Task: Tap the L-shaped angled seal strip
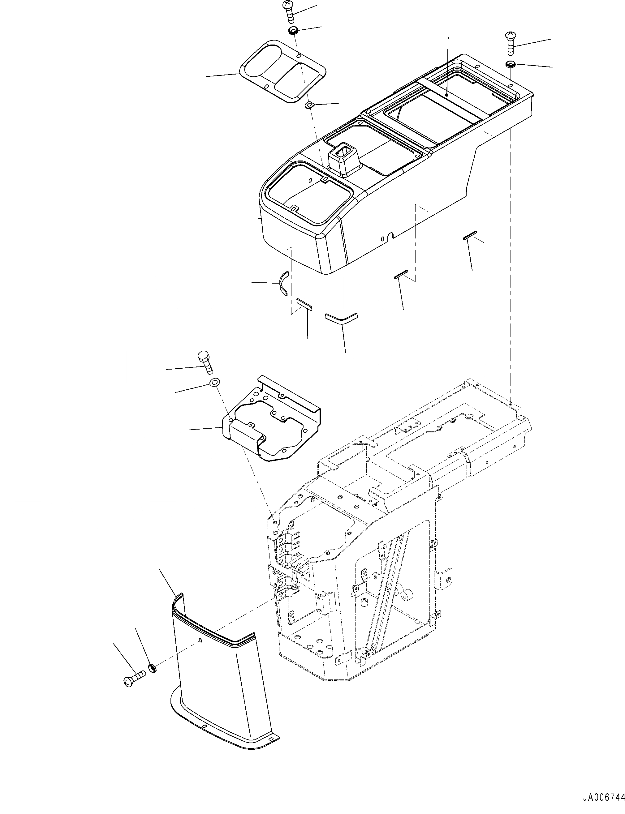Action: click(341, 317)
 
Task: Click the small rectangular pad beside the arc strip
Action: click(304, 304)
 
